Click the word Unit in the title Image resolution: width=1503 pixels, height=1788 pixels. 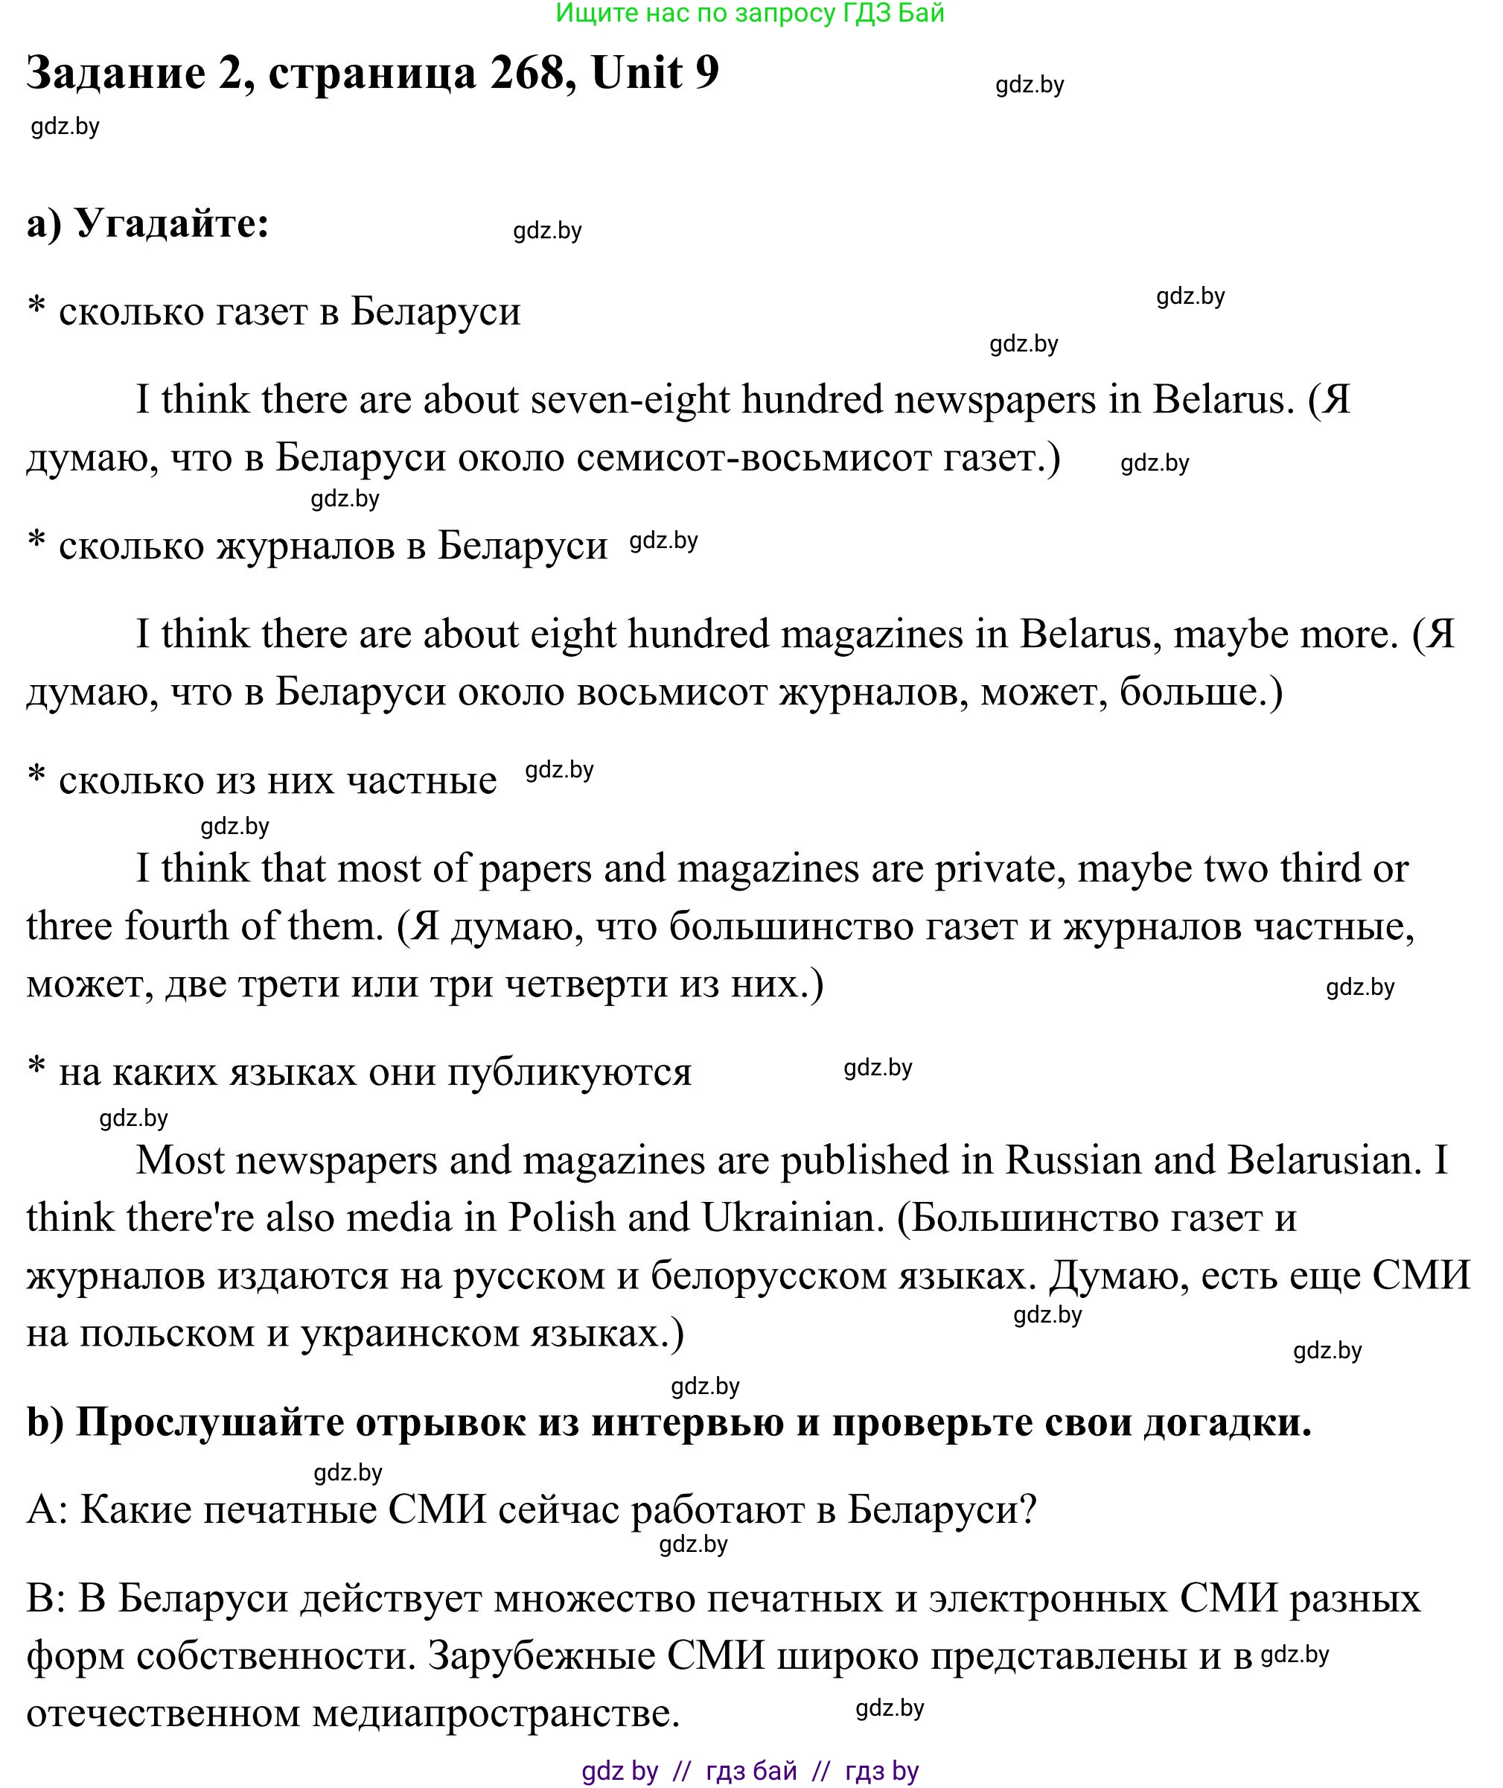pos(637,73)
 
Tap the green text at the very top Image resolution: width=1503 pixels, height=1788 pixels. pos(750,13)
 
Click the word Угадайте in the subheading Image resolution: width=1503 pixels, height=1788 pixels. pos(172,224)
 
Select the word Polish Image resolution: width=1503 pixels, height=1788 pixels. pos(561,1218)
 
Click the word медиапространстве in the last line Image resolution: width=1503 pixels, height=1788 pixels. pos(495,1713)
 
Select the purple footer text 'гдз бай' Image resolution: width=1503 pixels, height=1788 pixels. pos(752,1771)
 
